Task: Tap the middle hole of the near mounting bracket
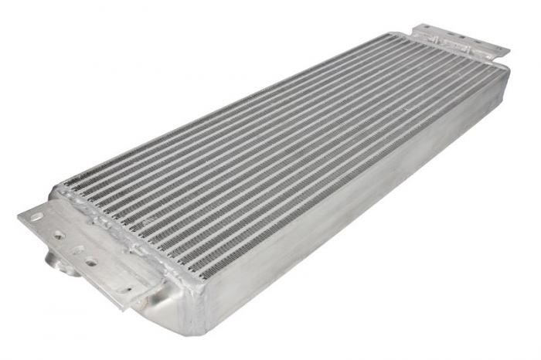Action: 77,250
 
